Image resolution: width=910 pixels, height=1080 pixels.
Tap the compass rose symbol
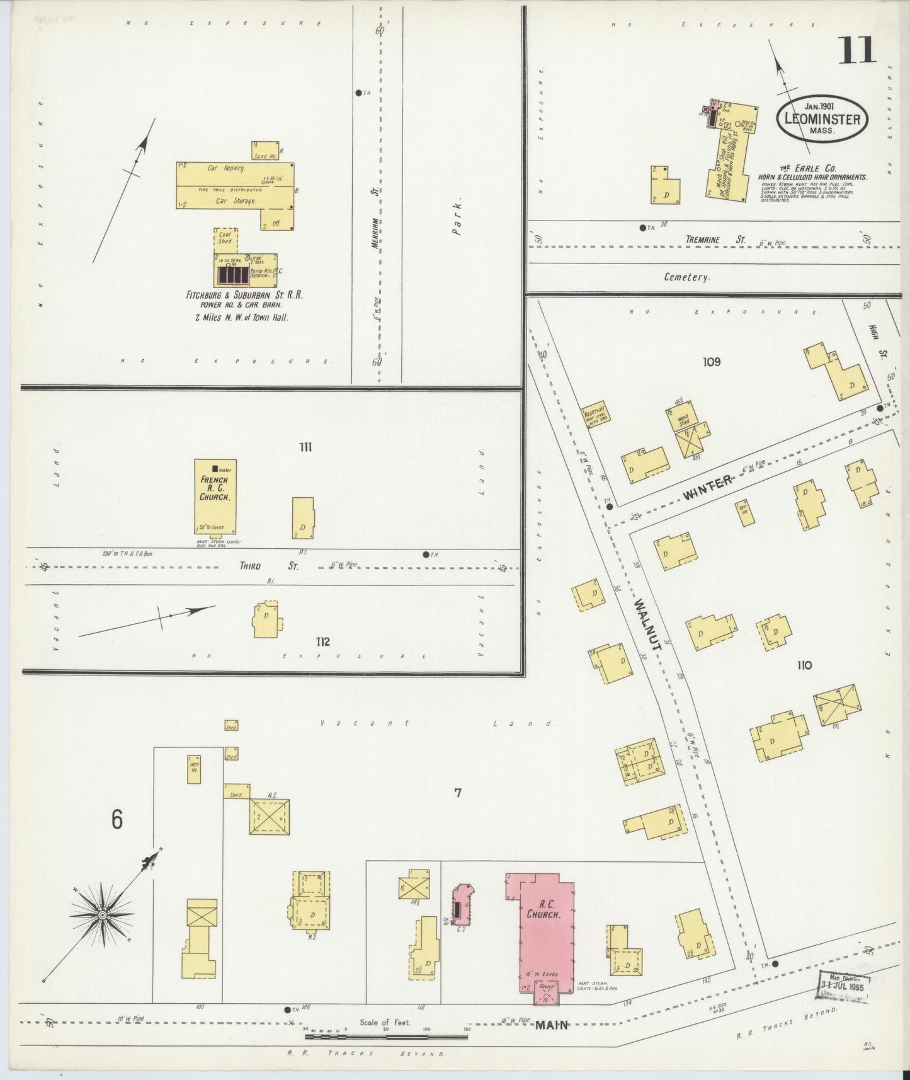tap(101, 914)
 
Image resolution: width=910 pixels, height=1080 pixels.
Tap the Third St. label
tap(269, 566)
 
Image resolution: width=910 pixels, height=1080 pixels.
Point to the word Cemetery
tap(686, 277)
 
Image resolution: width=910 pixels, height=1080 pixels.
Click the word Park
tap(458, 219)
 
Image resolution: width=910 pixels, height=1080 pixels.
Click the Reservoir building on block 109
tap(595, 413)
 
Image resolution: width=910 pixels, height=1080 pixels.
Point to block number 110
tap(804, 665)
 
